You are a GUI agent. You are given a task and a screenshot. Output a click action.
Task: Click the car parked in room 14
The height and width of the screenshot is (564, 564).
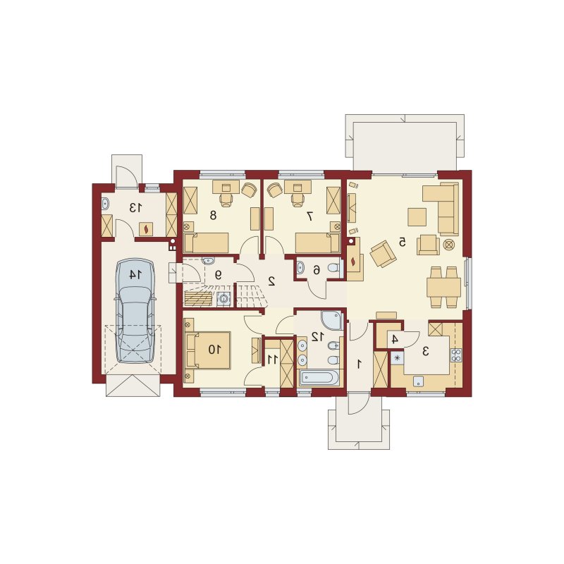[x=135, y=311]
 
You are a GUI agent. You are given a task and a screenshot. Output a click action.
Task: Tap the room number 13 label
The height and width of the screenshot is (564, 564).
[x=135, y=208]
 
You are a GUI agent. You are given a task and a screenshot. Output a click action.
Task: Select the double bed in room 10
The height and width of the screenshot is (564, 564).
[x=208, y=350]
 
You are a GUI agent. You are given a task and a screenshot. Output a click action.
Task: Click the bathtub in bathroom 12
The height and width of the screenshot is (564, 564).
[x=318, y=378]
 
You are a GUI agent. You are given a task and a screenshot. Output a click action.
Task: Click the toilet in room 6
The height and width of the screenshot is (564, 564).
[x=333, y=269]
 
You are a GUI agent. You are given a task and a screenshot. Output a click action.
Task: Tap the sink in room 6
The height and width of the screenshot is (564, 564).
[x=301, y=267]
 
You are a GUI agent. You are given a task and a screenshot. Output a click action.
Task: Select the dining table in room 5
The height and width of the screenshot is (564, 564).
[x=443, y=287]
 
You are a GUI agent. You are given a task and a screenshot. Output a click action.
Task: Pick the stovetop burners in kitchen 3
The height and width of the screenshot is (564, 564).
[x=455, y=355]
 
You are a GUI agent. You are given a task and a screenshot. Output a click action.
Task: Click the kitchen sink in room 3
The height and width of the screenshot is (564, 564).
[x=418, y=381]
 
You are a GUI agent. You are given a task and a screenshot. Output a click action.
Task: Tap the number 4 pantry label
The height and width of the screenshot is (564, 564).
[x=395, y=339]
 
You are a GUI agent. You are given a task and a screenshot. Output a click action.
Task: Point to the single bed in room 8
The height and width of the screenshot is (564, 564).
[x=206, y=243]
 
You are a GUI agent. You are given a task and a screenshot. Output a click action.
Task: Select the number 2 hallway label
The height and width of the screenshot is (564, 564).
[x=271, y=281]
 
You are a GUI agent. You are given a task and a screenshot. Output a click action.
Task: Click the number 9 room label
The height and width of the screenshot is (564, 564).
[x=218, y=275]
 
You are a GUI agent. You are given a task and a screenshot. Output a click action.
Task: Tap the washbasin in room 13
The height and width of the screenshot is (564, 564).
[x=105, y=204]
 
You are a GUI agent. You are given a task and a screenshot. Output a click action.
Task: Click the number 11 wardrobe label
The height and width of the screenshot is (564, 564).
[x=273, y=359]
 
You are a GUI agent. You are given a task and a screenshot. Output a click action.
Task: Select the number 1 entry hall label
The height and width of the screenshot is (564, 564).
[x=359, y=364]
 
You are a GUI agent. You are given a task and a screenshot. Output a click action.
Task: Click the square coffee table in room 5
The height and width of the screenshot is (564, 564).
[x=417, y=217]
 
